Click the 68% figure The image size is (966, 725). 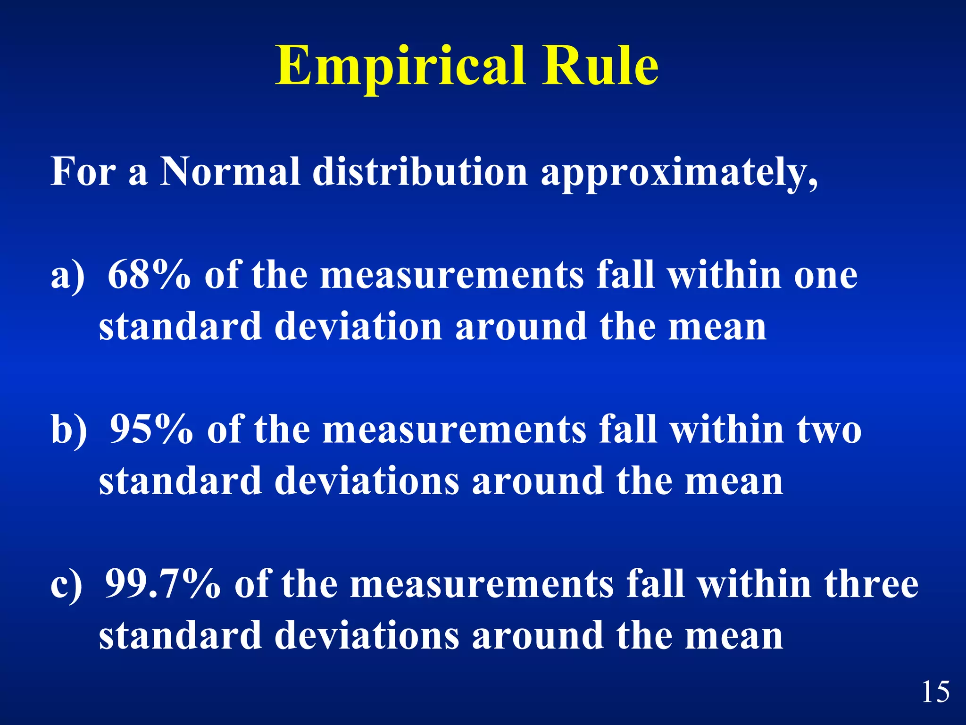coord(149,275)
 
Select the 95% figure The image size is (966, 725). coord(151,429)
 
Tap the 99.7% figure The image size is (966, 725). coord(163,584)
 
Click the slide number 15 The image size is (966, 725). coord(936,692)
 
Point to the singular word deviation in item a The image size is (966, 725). coord(358,327)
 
